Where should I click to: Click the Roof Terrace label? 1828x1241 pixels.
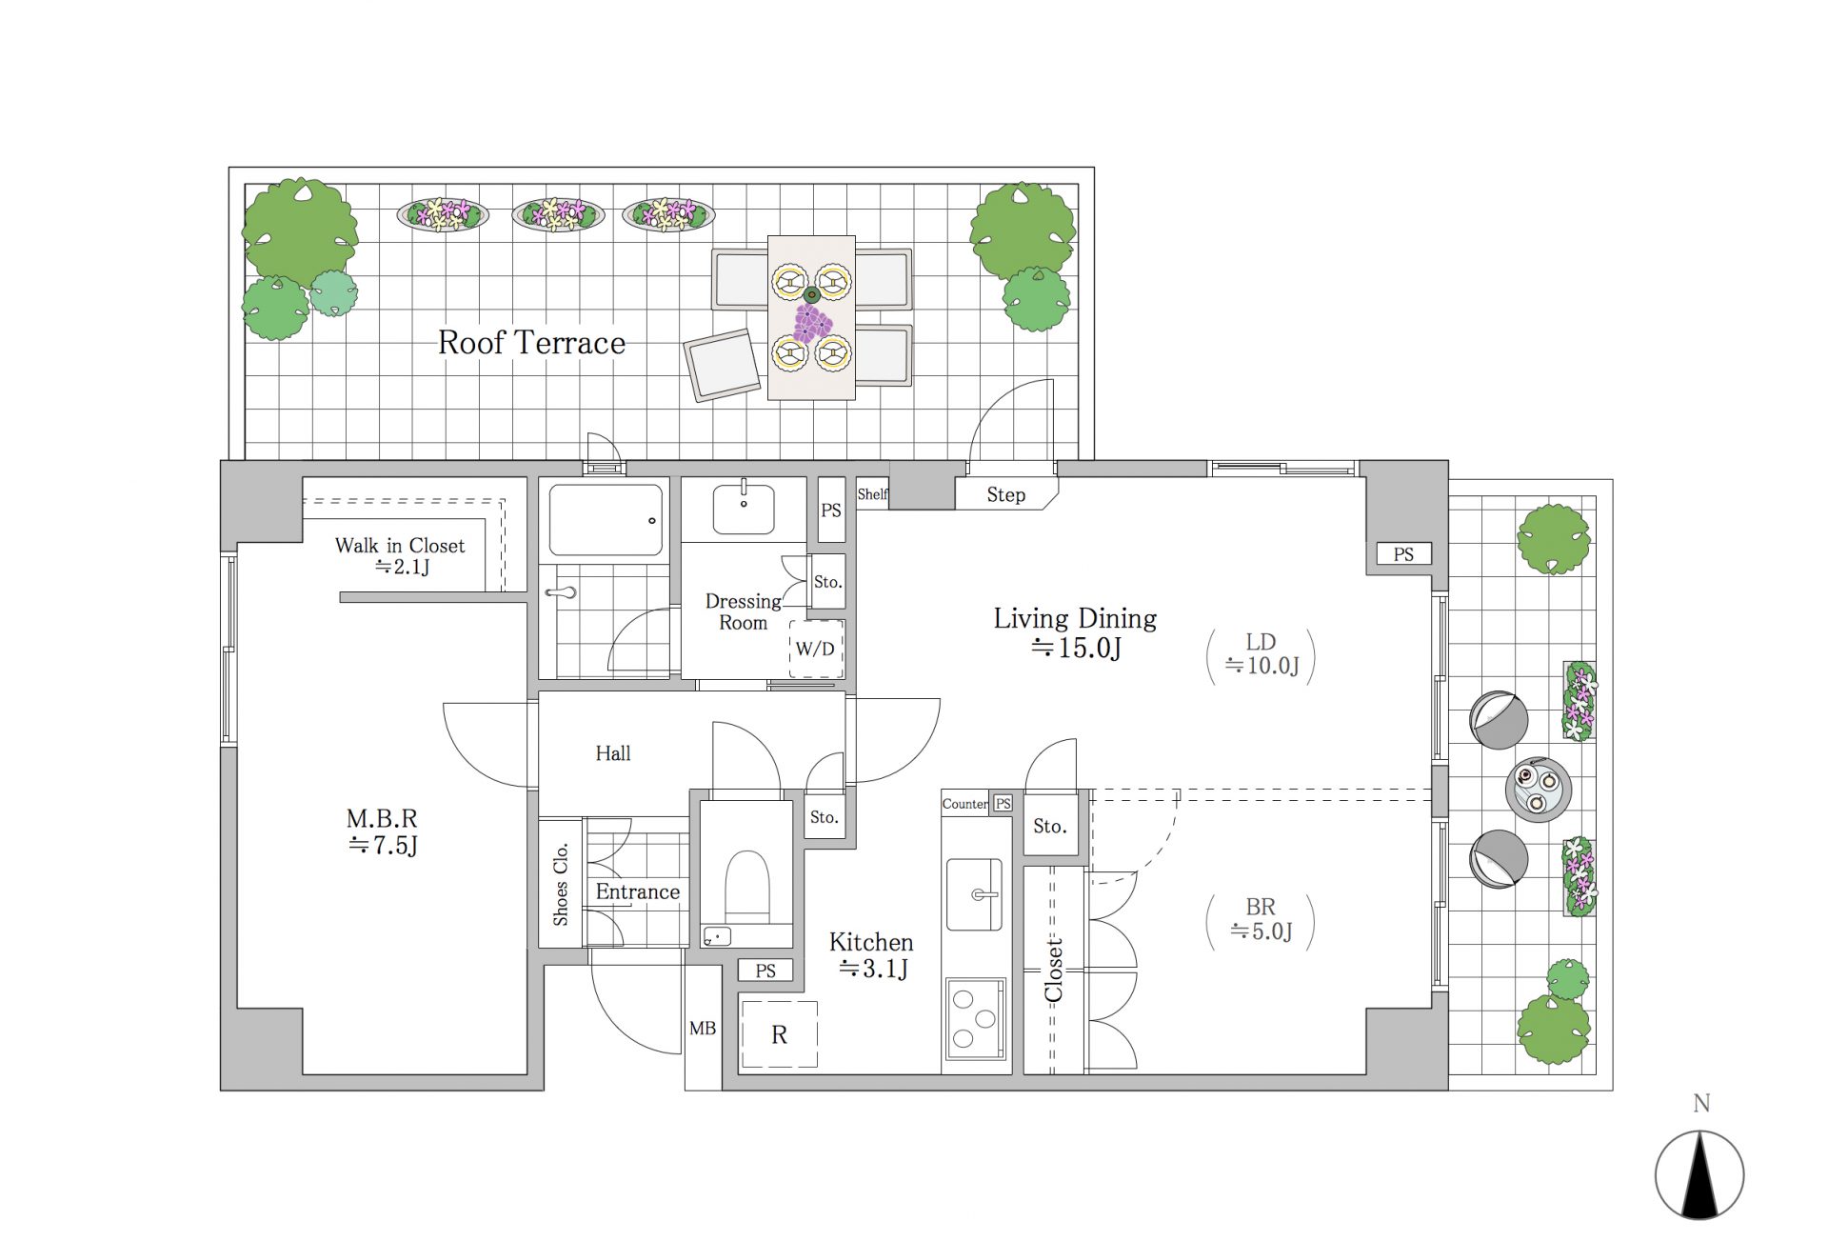pos(531,343)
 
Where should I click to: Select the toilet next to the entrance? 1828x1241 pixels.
pos(746,886)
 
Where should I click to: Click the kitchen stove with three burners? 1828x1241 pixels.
pos(975,1018)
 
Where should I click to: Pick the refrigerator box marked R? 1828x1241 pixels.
pos(779,1034)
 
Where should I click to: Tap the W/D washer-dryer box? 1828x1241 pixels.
pos(816,649)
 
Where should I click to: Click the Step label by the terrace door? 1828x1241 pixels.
pos(1005,495)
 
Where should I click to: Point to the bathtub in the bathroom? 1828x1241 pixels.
pos(606,520)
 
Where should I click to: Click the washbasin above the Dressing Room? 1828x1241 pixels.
pos(744,509)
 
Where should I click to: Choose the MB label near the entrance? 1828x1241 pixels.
pos(703,1029)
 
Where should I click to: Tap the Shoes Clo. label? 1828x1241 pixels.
pos(561,883)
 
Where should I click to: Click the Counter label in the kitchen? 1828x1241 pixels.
pos(965,804)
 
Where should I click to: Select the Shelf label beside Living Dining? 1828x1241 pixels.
pos(872,494)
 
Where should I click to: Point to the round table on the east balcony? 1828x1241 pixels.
pos(1538,790)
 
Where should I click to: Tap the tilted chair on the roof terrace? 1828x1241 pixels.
pos(723,366)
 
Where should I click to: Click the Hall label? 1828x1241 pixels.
pos(613,753)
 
